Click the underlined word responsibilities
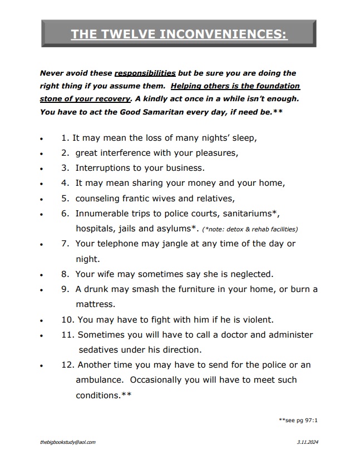tap(145, 73)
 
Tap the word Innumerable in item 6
tap(102, 213)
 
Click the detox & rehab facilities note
tap(250, 229)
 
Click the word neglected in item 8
tap(246, 274)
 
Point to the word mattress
tap(95, 304)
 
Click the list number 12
tap(67, 365)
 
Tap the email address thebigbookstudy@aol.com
tap(68, 442)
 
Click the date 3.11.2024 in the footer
tap(308, 442)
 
